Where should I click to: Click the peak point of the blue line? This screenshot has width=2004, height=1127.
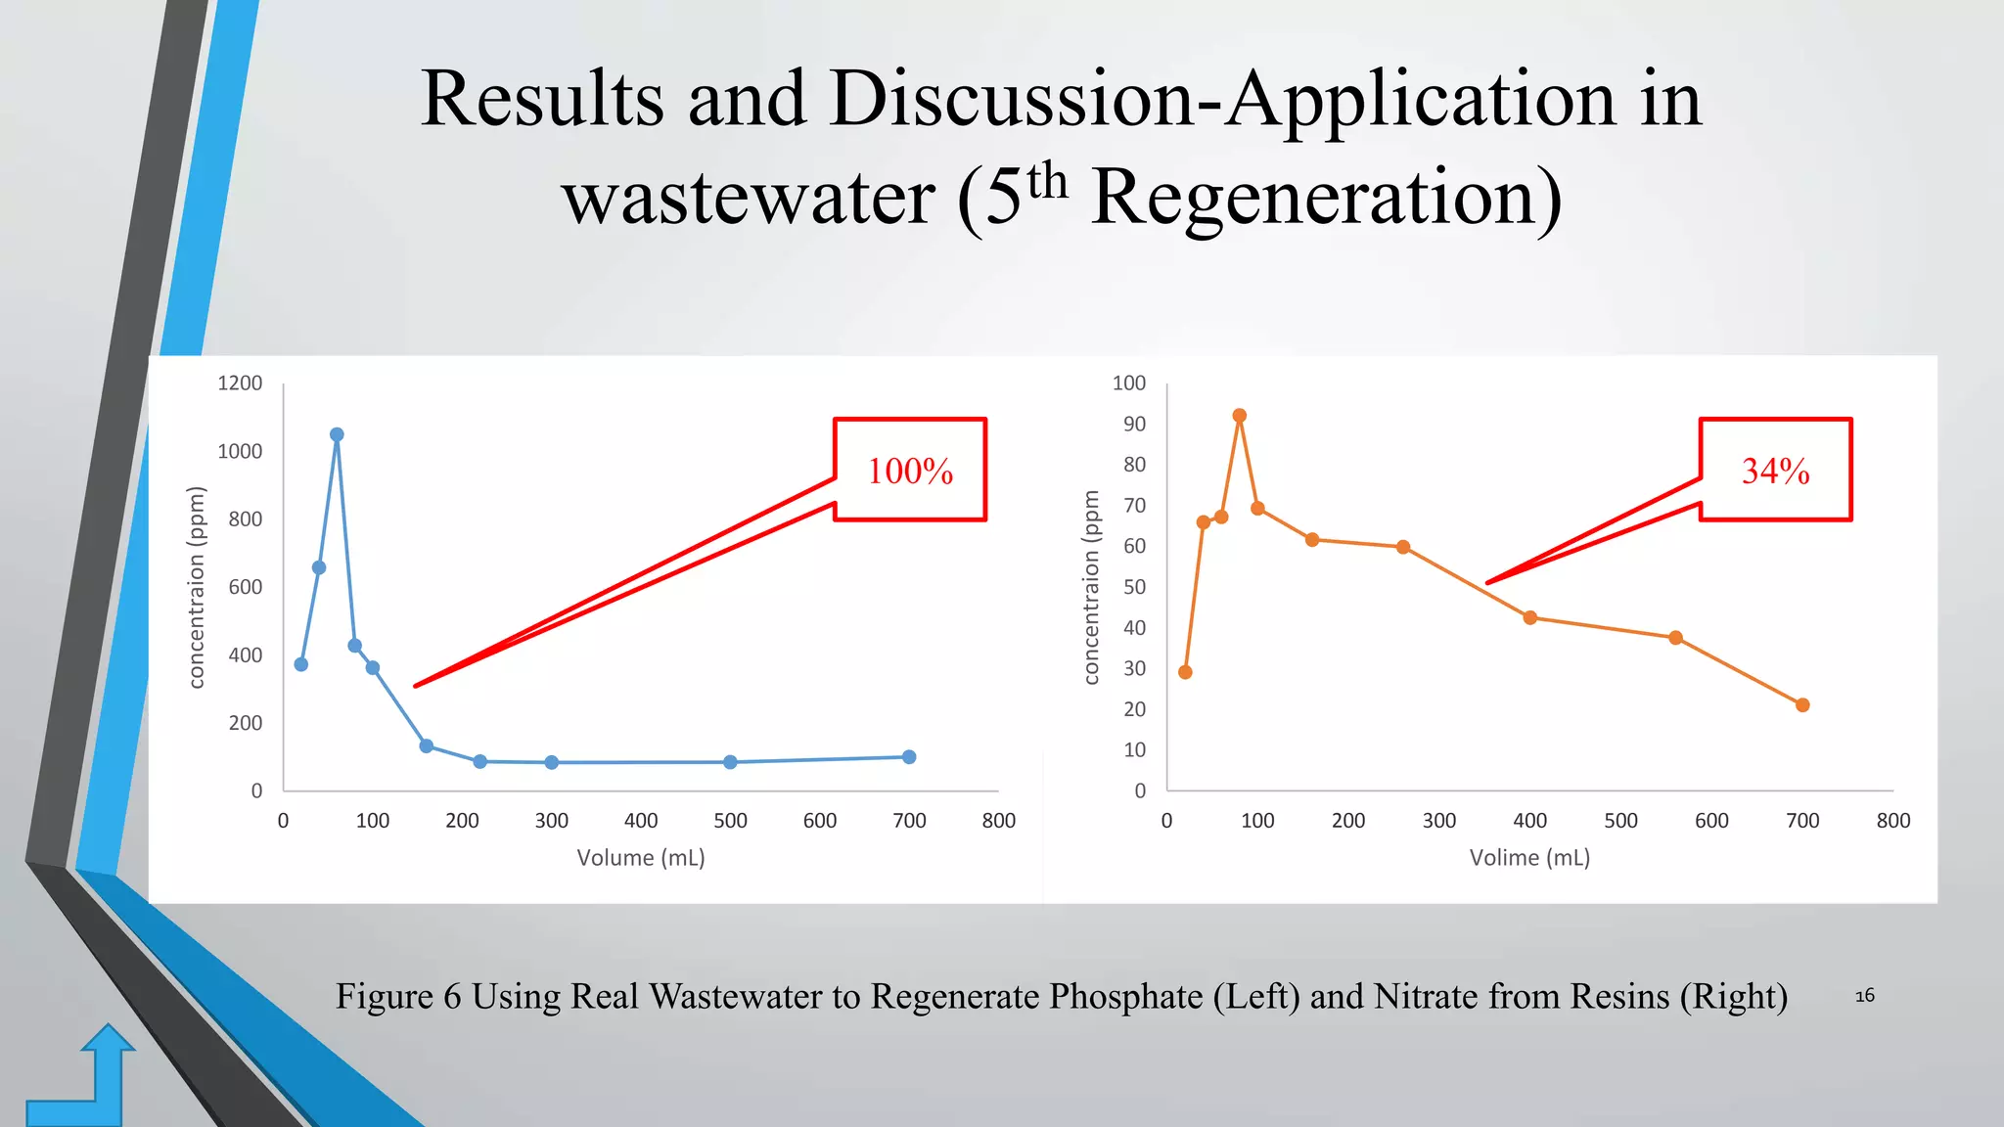pos(337,434)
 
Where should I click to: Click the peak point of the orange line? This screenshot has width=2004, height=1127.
pos(1240,416)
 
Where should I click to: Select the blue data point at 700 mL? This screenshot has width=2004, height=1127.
pos(909,756)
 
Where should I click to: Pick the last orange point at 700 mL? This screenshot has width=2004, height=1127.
pos(1802,705)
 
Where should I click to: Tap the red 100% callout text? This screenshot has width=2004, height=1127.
pos(910,471)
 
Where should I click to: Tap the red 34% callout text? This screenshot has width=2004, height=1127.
pos(1775,471)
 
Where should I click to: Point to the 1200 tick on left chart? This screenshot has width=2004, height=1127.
pos(240,383)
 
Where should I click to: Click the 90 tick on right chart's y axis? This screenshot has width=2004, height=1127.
pos(1134,424)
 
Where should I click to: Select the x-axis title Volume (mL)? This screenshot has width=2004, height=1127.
pos(641,858)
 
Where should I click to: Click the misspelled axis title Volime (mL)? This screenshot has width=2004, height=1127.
pos(1529,858)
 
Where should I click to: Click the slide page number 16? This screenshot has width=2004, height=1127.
pos(1865,996)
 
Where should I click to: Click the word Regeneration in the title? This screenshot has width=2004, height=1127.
pos(1326,197)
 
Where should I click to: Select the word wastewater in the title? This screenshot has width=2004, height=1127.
pos(750,197)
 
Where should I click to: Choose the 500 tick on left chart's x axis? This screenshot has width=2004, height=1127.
pos(730,821)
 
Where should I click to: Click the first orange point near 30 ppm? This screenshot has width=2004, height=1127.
pos(1185,672)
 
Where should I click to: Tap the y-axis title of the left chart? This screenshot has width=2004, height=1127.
pos(197,587)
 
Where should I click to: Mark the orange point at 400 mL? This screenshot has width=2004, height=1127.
pos(1530,617)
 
